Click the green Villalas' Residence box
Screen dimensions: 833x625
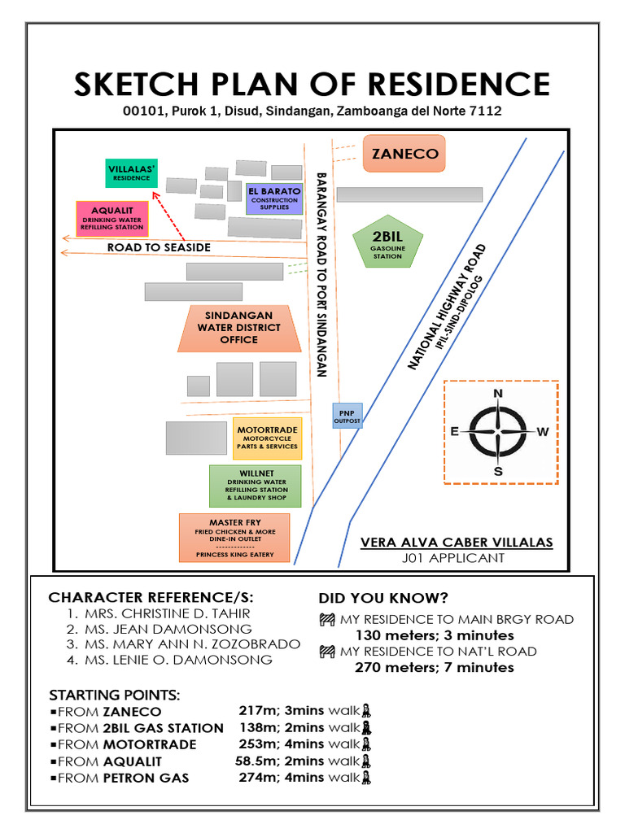[132, 173]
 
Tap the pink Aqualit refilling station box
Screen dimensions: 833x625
[112, 219]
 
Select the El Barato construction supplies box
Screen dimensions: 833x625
[274, 198]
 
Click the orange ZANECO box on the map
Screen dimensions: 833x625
[404, 154]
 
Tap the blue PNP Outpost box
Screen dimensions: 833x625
[347, 416]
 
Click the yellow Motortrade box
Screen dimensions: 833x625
[267, 438]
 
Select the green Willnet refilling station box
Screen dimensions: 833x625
[256, 486]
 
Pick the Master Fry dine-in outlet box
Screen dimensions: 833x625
[234, 538]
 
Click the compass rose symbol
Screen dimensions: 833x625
[498, 432]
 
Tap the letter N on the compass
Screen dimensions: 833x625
[498, 395]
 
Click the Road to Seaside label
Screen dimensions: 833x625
[159, 247]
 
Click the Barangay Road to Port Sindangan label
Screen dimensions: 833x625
[321, 275]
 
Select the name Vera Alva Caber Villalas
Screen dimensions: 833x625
[457, 543]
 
